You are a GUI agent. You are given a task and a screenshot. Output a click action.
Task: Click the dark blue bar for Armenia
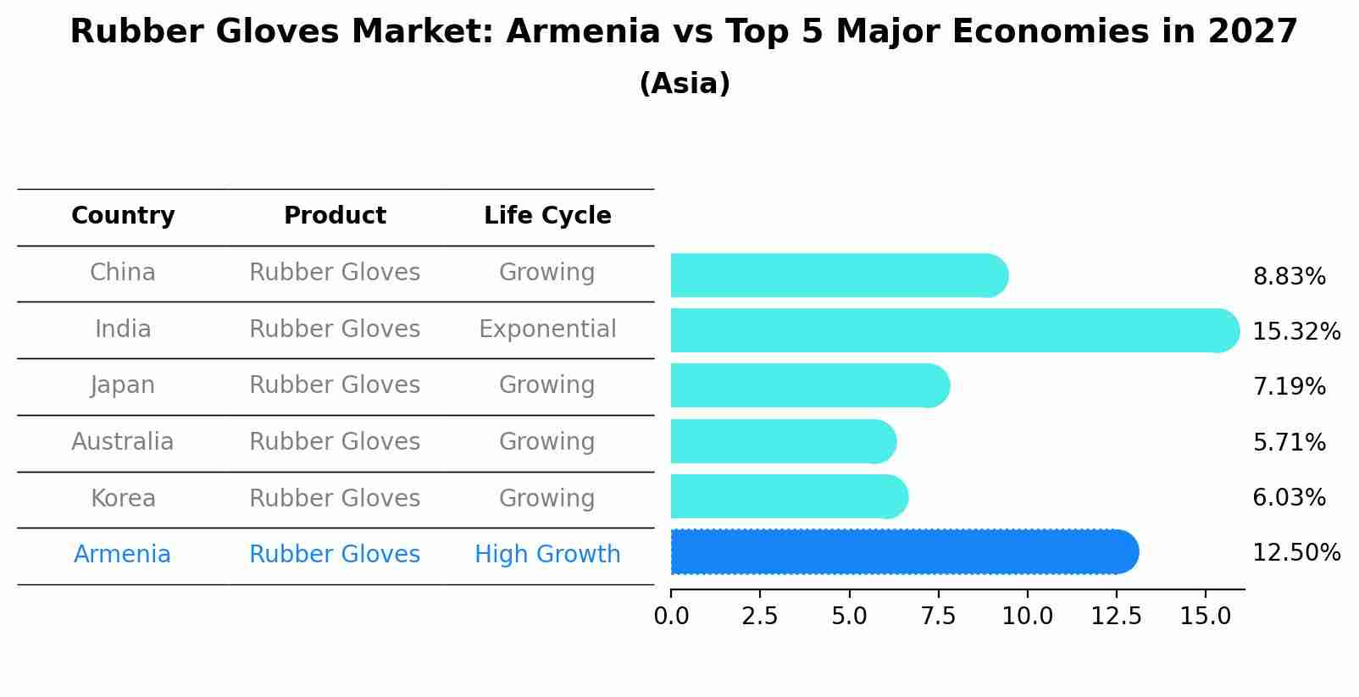(903, 552)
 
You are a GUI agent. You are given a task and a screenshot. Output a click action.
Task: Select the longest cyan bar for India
(954, 330)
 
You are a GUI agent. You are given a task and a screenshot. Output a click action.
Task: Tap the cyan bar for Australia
(782, 441)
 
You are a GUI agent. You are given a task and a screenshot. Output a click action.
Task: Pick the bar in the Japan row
(809, 385)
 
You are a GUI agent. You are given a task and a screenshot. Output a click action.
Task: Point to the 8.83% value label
(1289, 277)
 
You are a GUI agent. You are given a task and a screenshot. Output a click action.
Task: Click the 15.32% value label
(1295, 332)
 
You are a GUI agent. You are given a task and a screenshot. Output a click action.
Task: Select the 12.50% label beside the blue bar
(1295, 553)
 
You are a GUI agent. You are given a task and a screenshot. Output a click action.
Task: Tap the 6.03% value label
(1289, 498)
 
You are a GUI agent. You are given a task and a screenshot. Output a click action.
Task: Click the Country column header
(123, 216)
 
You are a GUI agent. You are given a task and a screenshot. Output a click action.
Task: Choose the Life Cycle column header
(547, 216)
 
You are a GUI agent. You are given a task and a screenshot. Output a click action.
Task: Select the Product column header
(335, 216)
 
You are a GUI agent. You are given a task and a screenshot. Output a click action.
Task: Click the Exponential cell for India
(547, 329)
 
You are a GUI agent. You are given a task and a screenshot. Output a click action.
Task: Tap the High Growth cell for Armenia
(547, 555)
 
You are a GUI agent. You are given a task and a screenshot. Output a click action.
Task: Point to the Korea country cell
(123, 499)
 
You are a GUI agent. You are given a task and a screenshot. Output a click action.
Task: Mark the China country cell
(123, 273)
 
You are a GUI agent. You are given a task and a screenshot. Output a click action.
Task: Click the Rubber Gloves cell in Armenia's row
(335, 555)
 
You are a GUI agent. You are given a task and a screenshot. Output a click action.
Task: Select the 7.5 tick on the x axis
(938, 617)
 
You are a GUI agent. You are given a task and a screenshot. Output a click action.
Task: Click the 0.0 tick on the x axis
(671, 617)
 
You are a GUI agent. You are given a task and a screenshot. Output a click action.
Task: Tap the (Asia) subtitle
(685, 84)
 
